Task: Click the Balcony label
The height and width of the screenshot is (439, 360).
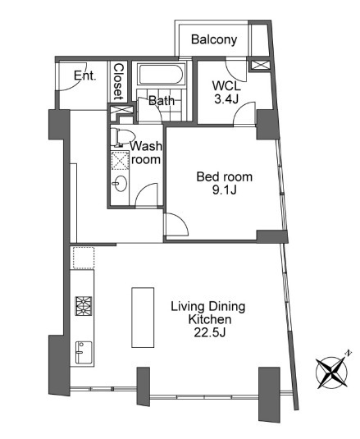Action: (x=214, y=39)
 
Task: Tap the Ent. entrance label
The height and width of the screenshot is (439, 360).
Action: (x=84, y=76)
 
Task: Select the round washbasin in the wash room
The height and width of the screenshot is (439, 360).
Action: (x=121, y=183)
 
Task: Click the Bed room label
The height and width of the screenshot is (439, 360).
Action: (x=224, y=176)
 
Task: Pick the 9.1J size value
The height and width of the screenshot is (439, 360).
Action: (x=224, y=190)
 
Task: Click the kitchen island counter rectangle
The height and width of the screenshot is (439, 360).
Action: (x=143, y=318)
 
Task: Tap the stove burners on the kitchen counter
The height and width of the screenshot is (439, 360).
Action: (x=84, y=305)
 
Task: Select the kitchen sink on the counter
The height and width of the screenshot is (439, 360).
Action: (x=83, y=354)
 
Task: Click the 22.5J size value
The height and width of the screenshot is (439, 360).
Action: (x=207, y=334)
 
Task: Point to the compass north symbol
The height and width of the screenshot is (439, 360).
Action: (x=332, y=371)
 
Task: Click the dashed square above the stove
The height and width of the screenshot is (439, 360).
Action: (x=83, y=258)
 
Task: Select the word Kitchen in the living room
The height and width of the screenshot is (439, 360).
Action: (x=207, y=320)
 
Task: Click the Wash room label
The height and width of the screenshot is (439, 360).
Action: (x=147, y=153)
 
